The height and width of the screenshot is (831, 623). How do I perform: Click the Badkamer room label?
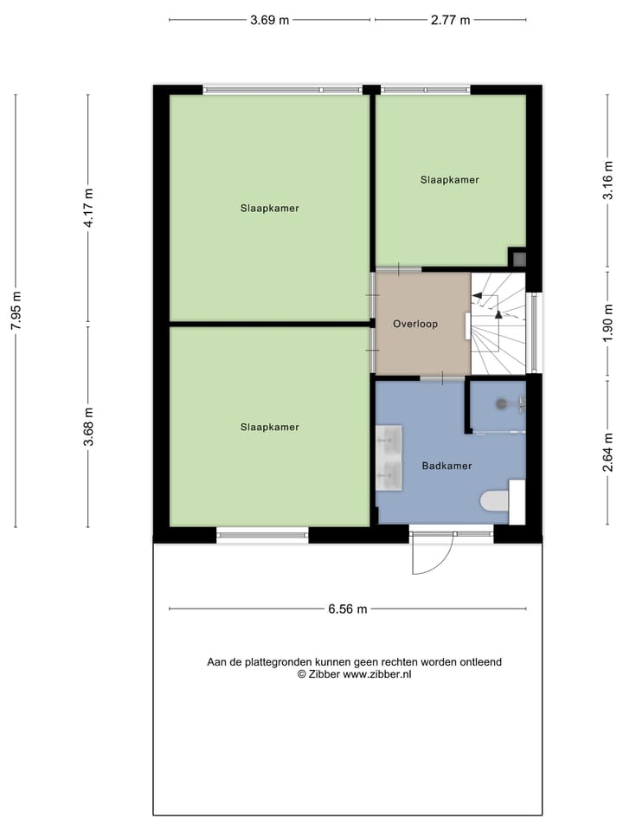(x=446, y=466)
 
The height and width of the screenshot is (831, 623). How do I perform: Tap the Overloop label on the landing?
(x=415, y=324)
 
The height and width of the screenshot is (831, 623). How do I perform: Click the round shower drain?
(x=500, y=403)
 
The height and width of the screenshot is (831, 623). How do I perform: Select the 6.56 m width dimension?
(x=347, y=609)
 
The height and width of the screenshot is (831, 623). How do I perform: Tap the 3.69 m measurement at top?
(x=269, y=21)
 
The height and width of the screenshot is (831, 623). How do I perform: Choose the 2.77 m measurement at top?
(x=450, y=21)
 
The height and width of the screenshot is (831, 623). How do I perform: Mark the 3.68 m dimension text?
(x=87, y=427)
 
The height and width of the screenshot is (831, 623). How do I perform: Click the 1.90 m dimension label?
(x=607, y=320)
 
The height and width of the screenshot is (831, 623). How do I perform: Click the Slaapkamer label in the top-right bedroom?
(x=450, y=180)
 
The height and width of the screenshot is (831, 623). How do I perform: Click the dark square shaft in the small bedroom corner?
(x=518, y=257)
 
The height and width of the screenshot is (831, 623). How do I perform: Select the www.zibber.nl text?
(x=377, y=674)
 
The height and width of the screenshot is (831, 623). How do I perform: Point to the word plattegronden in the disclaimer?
(x=272, y=662)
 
